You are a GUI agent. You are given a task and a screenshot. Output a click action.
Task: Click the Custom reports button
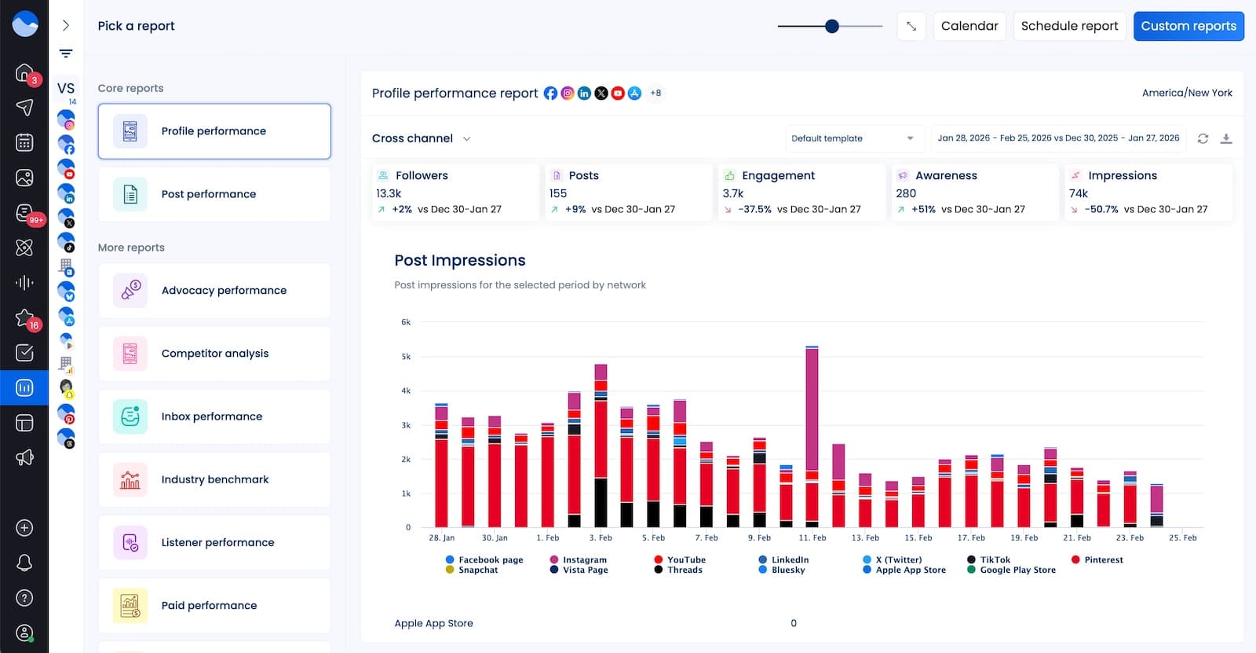coord(1188,26)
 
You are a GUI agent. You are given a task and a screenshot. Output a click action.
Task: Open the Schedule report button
coord(1069,26)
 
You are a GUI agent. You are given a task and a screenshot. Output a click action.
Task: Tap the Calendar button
coord(969,26)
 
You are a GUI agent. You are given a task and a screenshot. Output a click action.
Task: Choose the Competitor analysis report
coord(214,354)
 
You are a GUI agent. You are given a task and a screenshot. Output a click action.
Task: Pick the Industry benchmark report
coord(214,479)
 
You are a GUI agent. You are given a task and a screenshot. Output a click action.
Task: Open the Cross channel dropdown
coord(421,138)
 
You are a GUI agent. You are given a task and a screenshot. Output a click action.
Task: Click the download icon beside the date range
coord(1226,138)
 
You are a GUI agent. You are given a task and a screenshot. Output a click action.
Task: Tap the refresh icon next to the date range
coord(1203,138)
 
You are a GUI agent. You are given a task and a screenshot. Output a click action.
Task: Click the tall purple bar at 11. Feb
coord(812,409)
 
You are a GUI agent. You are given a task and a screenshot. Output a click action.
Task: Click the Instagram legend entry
coord(584,559)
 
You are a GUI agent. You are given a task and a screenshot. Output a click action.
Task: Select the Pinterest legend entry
coord(1103,559)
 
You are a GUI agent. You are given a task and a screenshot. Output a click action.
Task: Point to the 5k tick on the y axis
coord(406,357)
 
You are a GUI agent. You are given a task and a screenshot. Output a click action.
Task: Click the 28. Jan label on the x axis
coord(441,537)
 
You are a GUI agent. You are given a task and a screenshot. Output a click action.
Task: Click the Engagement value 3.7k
coord(733,193)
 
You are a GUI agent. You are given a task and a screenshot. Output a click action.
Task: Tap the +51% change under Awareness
coord(923,209)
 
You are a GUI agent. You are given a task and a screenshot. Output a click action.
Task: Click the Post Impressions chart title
coord(460,260)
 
